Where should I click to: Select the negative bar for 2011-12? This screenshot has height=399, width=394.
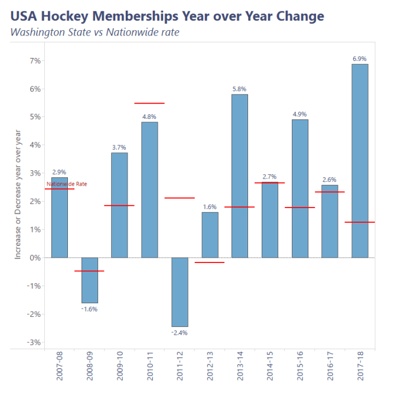coord(180,292)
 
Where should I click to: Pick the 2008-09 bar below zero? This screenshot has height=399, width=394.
coord(89,280)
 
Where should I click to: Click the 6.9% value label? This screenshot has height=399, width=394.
coord(359,59)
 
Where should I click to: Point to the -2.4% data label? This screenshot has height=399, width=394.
coord(179,333)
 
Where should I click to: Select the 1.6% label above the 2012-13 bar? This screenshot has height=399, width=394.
coord(210,207)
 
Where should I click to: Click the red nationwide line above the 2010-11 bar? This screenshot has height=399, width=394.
coord(149,103)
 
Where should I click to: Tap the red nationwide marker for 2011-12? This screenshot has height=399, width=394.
coord(179,198)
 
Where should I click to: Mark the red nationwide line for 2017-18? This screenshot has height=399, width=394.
coord(359,222)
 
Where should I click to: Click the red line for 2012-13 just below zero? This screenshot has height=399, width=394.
coord(210,262)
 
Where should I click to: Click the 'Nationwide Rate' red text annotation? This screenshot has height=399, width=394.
coord(67,184)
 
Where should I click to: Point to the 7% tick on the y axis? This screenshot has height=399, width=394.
coord(35,61)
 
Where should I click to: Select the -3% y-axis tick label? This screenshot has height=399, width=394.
coord(33,342)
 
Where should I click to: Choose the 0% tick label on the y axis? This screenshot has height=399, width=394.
coord(35,258)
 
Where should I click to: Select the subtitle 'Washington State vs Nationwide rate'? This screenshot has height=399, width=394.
coord(95,32)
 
